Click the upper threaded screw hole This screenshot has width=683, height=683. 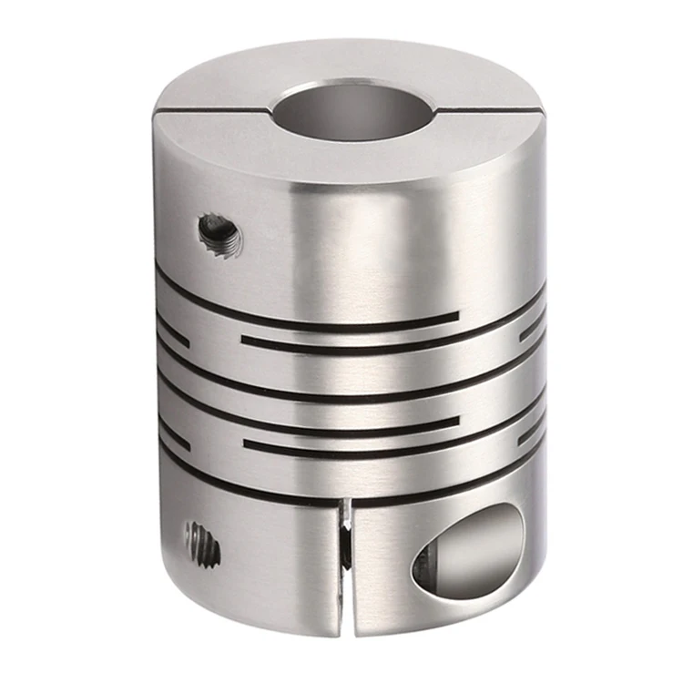click(219, 235)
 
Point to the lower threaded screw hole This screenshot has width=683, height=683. click(202, 543)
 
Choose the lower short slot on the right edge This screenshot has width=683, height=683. click(530, 435)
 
